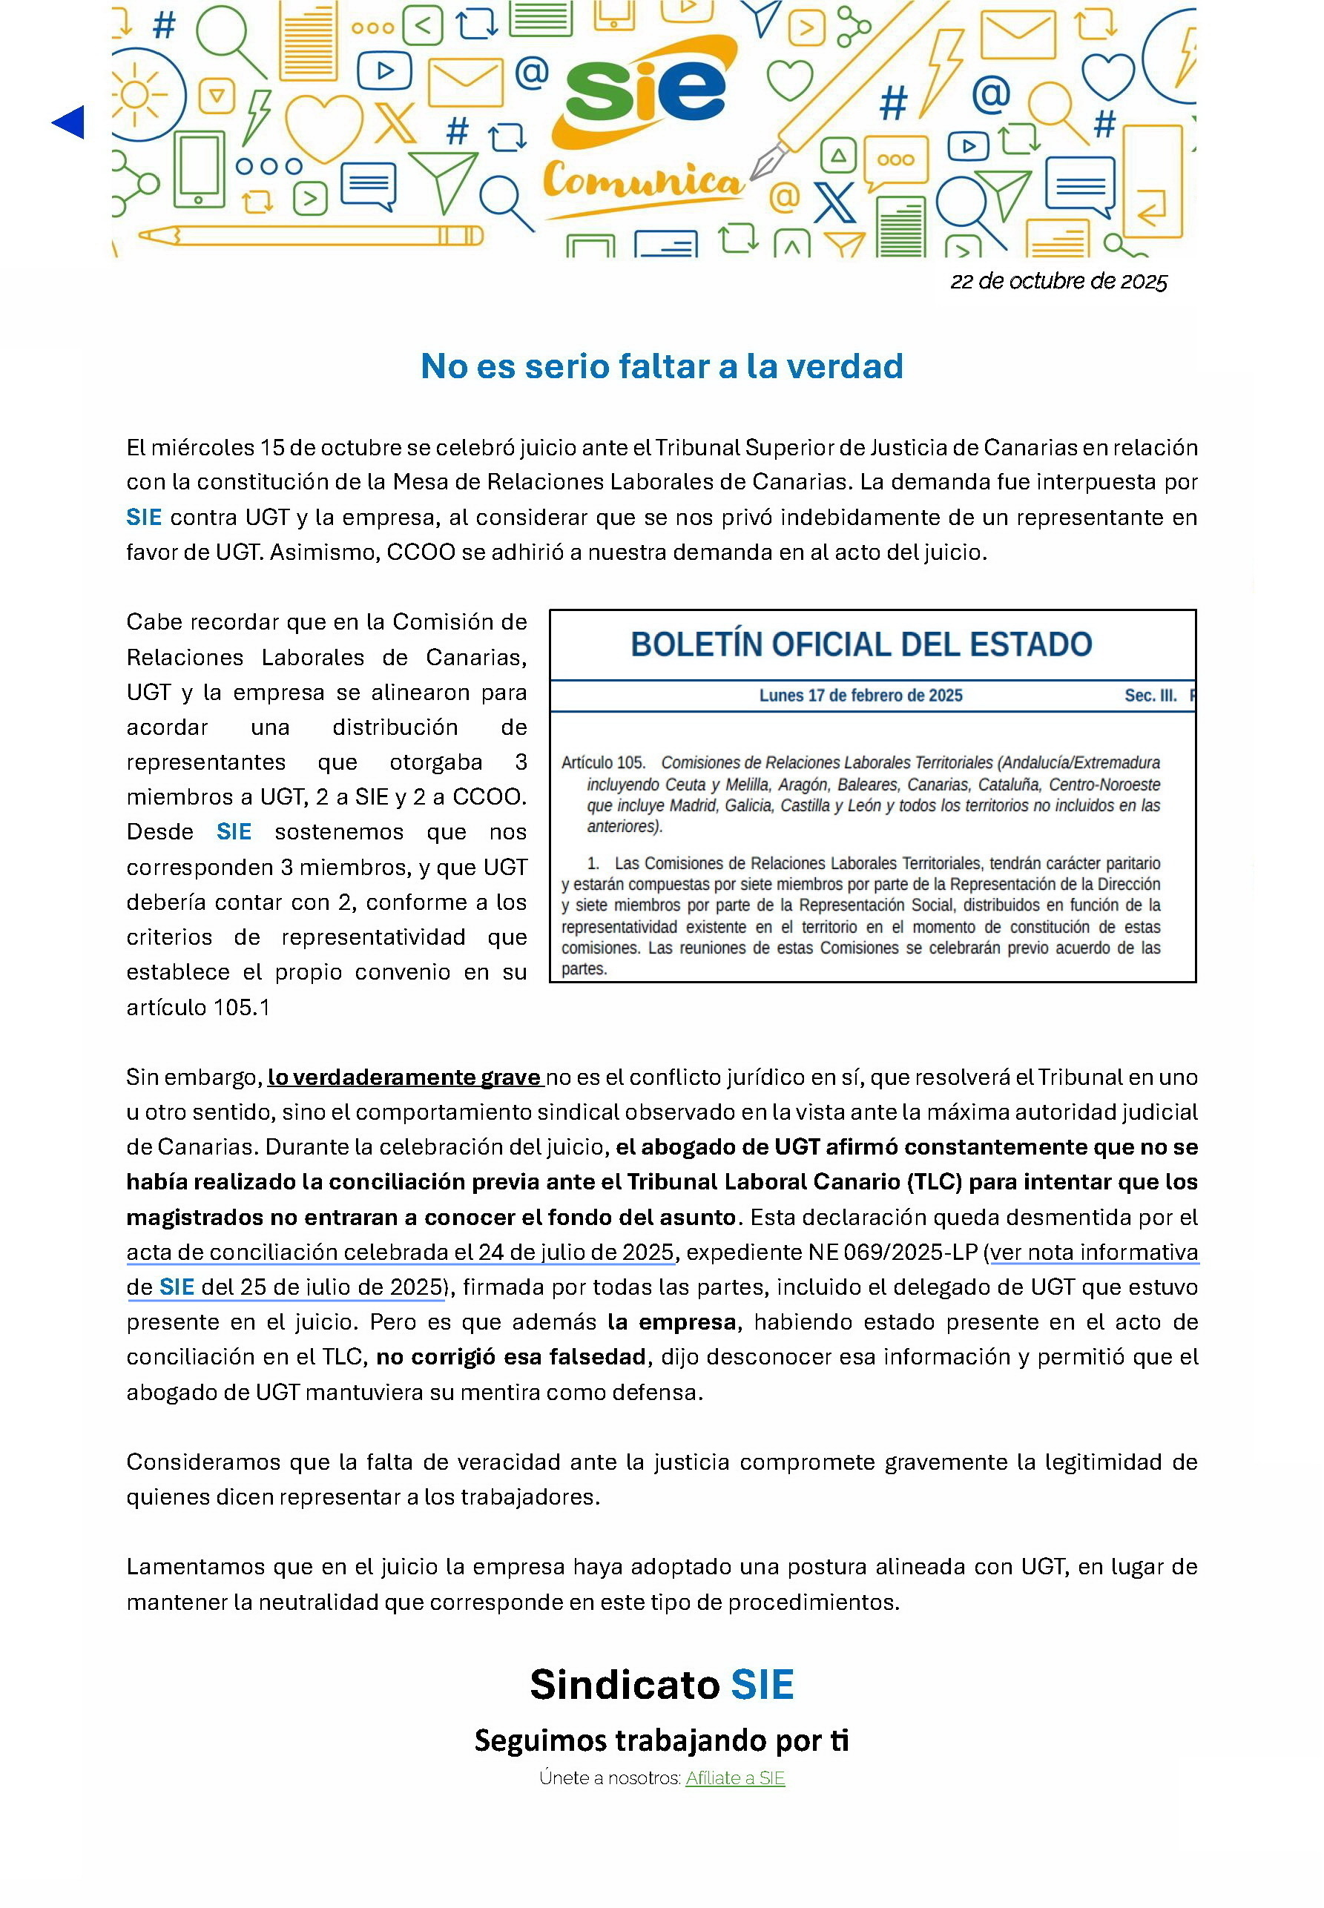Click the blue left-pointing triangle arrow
tap(68, 122)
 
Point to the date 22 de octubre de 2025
tap(1058, 282)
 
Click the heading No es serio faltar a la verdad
tap(661, 366)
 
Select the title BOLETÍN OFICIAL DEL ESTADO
tap(861, 644)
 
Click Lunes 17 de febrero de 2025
tap(860, 696)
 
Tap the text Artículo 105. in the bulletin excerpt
tap(602, 763)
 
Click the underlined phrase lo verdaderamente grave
tap(404, 1077)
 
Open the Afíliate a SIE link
tap(735, 1777)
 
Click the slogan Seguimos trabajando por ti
tap(661, 1740)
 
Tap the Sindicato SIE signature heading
tap(661, 1685)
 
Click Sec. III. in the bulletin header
tap(1150, 696)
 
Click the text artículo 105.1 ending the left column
tap(198, 1008)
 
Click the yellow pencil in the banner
tap(310, 237)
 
